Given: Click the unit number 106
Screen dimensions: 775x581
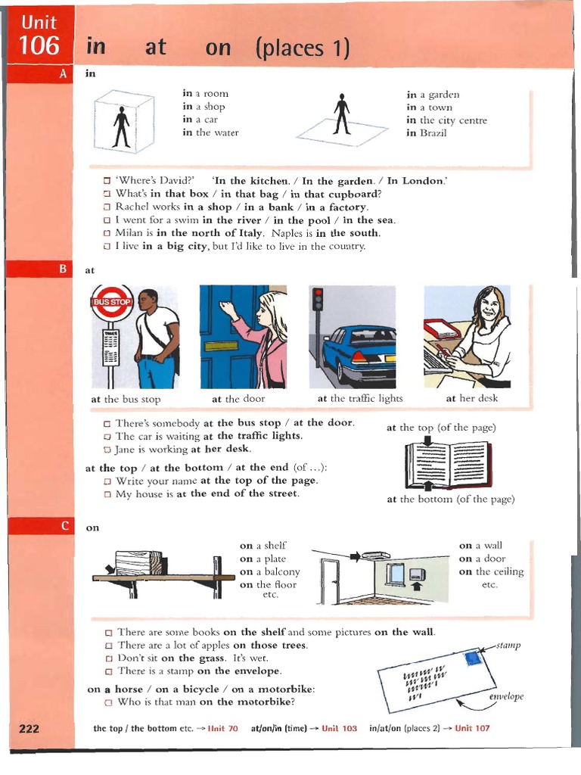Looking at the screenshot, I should (x=39, y=45).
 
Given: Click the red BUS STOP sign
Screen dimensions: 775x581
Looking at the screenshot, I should (x=112, y=302).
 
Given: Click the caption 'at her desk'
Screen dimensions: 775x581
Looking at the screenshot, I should (x=471, y=398).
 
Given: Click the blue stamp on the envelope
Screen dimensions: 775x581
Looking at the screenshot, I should (x=474, y=658).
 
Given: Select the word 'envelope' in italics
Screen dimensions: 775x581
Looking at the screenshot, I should (x=506, y=696).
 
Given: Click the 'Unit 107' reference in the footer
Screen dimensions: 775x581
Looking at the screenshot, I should (x=472, y=728).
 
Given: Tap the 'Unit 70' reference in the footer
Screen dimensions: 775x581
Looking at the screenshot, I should (x=222, y=728).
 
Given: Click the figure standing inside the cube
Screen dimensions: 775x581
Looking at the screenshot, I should (x=121, y=126).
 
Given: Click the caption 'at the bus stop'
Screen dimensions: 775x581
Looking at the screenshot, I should (x=126, y=399).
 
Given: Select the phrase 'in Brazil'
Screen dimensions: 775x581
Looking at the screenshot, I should (x=427, y=133).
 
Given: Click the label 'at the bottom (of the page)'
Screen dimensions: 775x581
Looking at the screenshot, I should (x=450, y=500).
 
